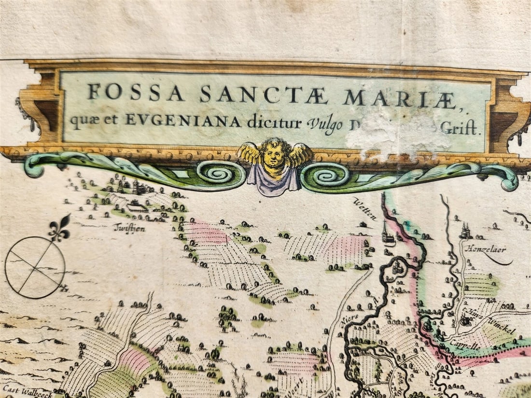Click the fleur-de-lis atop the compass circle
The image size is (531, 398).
(x=59, y=229)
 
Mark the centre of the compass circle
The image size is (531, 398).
(x=35, y=267)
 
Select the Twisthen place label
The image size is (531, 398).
(x=129, y=228)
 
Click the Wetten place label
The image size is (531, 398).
(x=365, y=208)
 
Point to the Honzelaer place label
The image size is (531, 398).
(x=483, y=249)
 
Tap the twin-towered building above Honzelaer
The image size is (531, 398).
(x=465, y=232)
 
